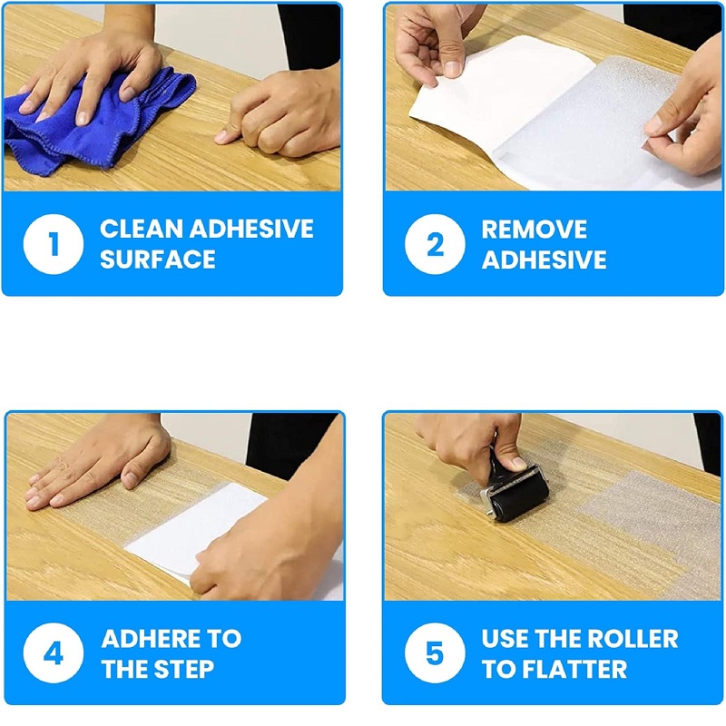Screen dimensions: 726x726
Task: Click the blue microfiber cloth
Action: (x=93, y=125)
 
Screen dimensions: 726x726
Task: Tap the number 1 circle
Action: (x=54, y=244)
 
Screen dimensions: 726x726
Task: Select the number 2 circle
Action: (x=435, y=244)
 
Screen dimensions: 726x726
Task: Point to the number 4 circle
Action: (x=54, y=652)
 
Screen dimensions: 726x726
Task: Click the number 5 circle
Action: (x=435, y=652)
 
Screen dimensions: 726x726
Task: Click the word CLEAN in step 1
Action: (x=142, y=229)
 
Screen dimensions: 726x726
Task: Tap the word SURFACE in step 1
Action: (x=158, y=259)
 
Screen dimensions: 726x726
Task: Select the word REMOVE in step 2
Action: (x=535, y=229)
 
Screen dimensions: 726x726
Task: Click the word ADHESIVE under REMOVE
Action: (x=544, y=259)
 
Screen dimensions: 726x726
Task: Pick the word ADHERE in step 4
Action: (x=151, y=639)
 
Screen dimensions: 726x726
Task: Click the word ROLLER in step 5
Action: (x=633, y=639)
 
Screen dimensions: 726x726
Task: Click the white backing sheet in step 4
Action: (x=194, y=533)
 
